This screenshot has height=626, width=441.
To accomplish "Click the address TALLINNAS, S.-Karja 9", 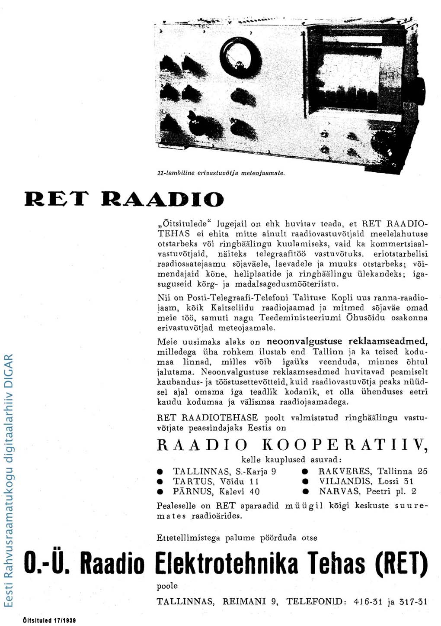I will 224,471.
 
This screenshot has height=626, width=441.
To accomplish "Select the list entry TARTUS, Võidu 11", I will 216,481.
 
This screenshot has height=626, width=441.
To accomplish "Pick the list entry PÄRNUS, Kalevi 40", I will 216,491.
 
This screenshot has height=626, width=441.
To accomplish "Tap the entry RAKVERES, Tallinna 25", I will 373,471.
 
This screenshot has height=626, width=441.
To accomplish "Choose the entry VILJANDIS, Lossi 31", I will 366,481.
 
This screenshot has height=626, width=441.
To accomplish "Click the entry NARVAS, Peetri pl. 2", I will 367,491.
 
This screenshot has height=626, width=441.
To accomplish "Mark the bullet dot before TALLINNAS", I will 160,471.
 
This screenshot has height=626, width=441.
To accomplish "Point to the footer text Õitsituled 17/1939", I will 49,620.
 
